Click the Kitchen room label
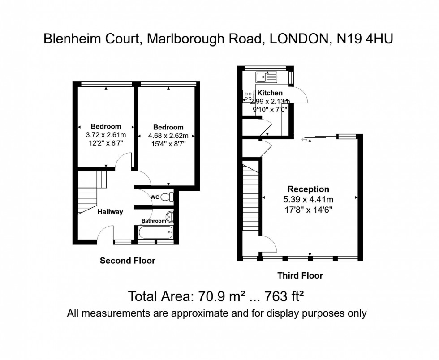270,93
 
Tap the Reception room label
308,189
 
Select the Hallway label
110,212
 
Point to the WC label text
155,197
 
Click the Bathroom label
154,221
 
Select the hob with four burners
248,95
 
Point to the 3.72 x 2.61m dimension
106,134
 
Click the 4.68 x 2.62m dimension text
168,136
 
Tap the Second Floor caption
127,261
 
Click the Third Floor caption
300,275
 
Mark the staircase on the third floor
251,197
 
